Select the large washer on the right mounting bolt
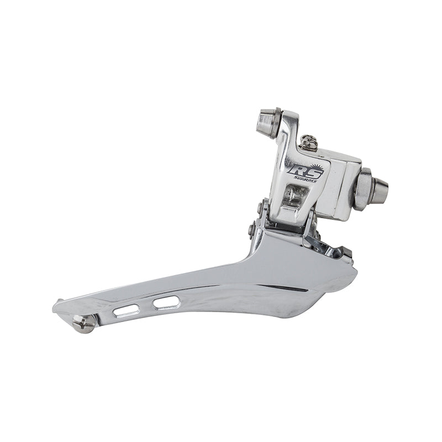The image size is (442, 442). (362, 189)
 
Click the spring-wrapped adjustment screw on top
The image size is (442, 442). (309, 143)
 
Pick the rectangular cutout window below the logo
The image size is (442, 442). (294, 195)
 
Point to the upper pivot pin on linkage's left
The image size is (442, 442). (259, 208)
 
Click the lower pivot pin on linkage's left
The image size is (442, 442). (252, 228)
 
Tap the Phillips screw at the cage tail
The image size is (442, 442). (84, 323)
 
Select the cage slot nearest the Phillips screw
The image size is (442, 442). (126, 311)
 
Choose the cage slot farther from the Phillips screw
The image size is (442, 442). (166, 302)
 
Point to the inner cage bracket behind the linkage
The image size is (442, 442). (329, 246)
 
